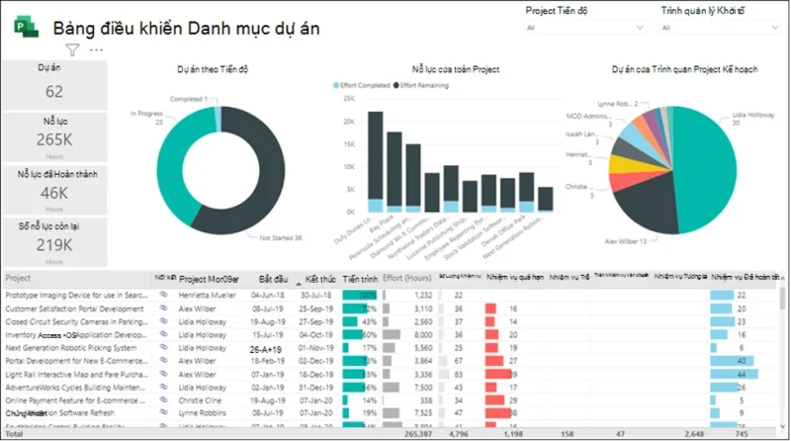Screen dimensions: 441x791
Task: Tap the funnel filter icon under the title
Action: pyautogui.click(x=72, y=49)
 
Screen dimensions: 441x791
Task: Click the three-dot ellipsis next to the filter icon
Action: pyautogui.click(x=96, y=49)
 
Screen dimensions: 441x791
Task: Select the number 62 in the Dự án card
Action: pyautogui.click(x=54, y=92)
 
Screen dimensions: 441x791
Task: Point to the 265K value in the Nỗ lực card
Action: pyautogui.click(x=54, y=140)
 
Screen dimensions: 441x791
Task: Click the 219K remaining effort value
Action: pyautogui.click(x=54, y=244)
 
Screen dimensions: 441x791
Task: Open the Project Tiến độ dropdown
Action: pyautogui.click(x=584, y=28)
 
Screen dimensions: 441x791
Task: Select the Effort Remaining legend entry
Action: pyautogui.click(x=425, y=87)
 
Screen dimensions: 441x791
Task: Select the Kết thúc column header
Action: pyautogui.click(x=319, y=279)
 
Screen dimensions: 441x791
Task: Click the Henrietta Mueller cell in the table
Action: pyautogui.click(x=209, y=295)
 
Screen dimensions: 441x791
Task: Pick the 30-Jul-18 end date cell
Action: pyautogui.click(x=318, y=295)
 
